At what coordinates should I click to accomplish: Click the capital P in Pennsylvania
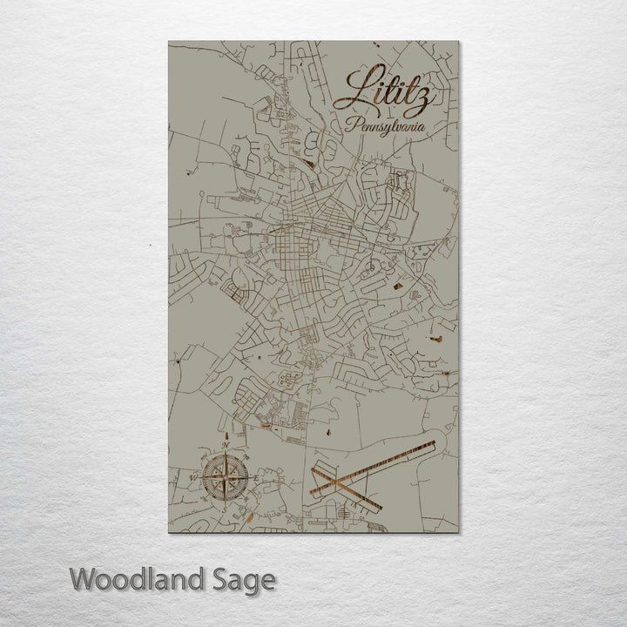click(x=350, y=124)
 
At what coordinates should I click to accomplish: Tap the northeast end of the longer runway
click(x=433, y=445)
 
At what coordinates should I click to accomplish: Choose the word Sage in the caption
click(x=242, y=579)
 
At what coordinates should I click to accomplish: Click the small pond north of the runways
click(x=329, y=431)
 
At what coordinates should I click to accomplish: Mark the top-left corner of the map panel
click(x=169, y=41)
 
